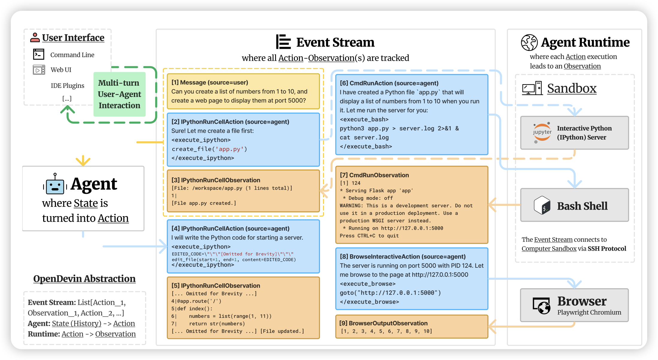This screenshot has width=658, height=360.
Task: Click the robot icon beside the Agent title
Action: (55, 184)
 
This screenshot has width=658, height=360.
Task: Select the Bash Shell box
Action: (574, 205)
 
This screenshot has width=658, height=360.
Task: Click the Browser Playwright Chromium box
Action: (574, 305)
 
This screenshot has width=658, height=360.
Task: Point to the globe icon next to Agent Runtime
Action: (529, 43)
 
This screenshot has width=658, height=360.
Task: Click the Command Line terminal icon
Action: (39, 55)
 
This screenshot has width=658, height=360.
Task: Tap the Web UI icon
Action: (39, 70)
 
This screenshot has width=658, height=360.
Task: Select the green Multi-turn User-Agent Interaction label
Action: (119, 94)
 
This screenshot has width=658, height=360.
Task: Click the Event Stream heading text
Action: (335, 42)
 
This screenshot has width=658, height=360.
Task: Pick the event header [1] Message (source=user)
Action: (210, 82)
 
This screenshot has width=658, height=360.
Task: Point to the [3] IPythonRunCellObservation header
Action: (216, 180)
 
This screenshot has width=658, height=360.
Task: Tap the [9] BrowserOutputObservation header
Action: (383, 323)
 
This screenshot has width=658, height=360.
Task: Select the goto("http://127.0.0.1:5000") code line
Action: (390, 293)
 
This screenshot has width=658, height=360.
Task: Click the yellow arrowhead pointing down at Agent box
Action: (83, 161)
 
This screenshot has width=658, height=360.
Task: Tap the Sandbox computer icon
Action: (532, 88)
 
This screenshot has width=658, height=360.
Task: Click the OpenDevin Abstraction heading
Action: (84, 279)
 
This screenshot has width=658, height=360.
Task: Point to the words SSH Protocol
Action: (607, 249)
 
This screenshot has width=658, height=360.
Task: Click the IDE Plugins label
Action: (67, 86)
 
